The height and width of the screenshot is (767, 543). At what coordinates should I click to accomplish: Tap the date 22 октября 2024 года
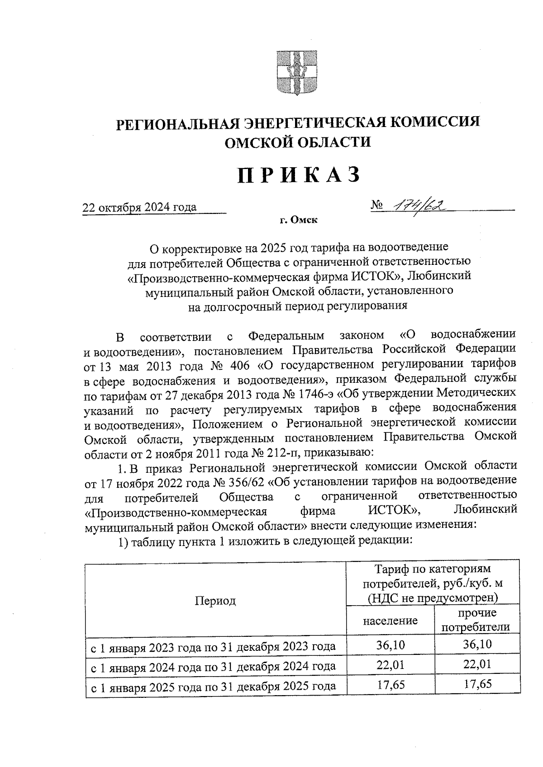point(139,207)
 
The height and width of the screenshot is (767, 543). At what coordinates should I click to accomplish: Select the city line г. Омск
point(298,221)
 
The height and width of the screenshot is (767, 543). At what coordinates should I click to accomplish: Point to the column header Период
point(215,601)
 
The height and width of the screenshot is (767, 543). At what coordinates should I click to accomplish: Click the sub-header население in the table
point(390,621)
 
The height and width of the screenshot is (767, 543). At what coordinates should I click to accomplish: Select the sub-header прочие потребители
point(476,620)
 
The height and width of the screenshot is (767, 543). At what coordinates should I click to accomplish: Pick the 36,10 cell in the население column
point(390,645)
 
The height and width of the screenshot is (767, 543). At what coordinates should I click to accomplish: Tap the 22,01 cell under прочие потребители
point(477,665)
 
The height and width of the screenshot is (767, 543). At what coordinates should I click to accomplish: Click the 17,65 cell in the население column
point(390,685)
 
